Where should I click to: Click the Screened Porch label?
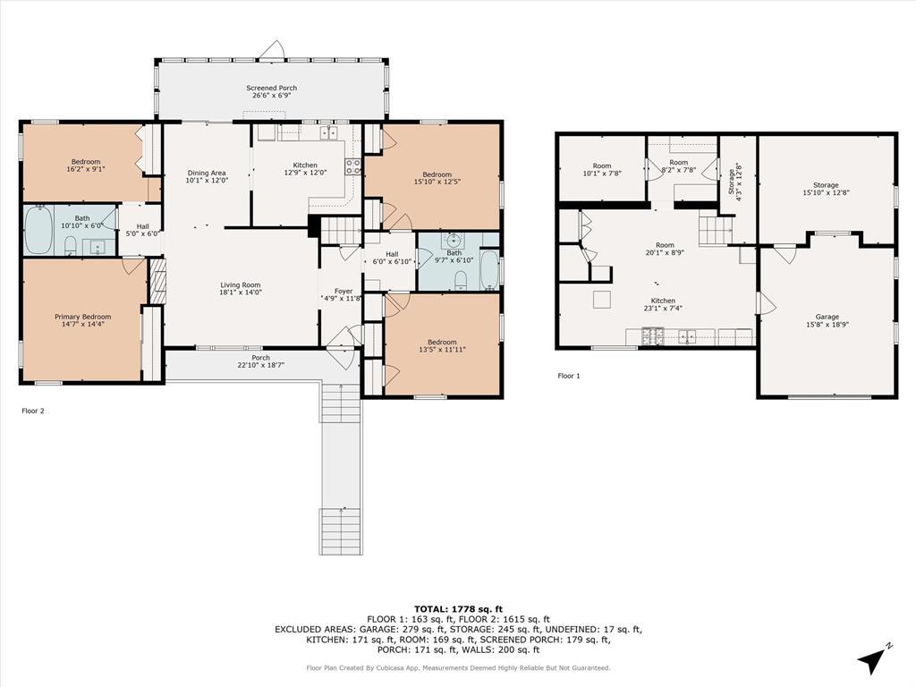click(271, 88)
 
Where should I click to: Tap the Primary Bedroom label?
click(83, 317)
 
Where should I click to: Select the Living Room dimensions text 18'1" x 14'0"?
click(240, 293)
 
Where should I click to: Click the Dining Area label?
click(207, 173)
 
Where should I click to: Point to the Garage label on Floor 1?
click(827, 317)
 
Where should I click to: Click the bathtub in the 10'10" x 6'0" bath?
click(38, 230)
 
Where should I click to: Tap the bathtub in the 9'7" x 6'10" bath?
click(489, 270)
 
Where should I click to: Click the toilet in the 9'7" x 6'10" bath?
click(461, 280)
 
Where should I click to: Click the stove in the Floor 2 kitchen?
click(352, 167)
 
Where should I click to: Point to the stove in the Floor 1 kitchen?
click(653, 336)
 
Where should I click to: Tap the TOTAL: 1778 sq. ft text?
click(458, 608)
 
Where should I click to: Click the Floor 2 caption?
click(33, 411)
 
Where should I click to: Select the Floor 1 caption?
click(568, 376)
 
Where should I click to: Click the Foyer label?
click(343, 291)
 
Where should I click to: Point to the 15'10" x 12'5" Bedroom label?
click(437, 174)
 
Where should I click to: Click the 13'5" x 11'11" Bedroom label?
click(442, 342)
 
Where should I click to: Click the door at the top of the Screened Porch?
click(272, 51)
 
